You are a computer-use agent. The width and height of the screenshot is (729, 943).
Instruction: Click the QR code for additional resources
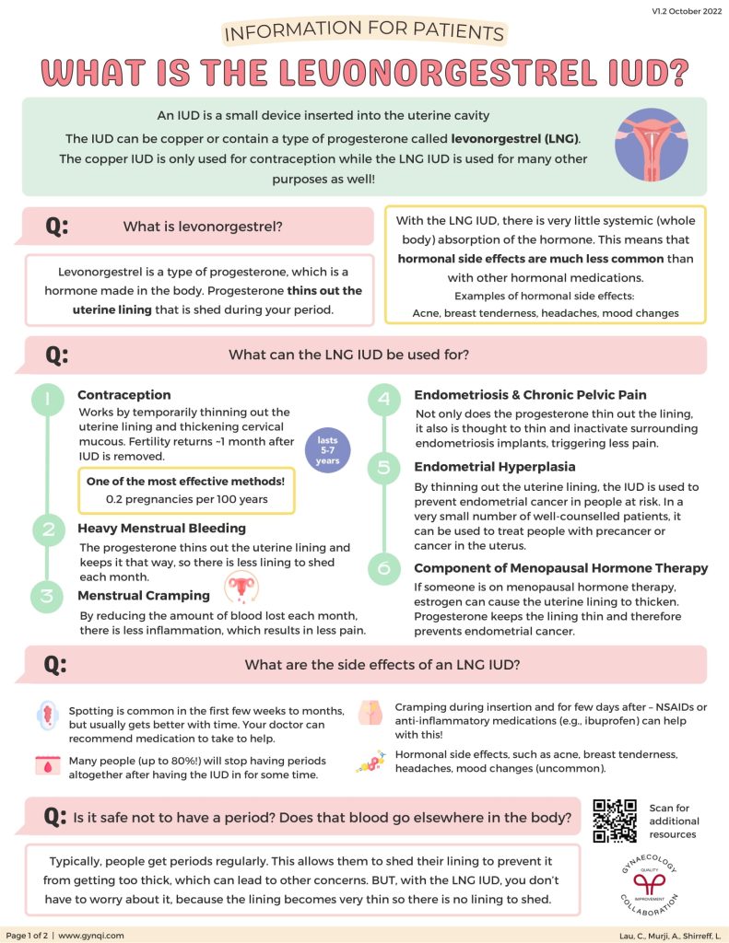[x=615, y=821]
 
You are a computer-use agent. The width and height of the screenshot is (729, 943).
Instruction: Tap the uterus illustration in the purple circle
[x=650, y=144]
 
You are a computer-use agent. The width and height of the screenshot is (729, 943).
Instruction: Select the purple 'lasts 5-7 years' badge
[x=329, y=449]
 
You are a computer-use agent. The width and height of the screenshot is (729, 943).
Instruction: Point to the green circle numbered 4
[x=382, y=399]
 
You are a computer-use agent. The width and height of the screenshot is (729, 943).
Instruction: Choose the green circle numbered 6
[x=382, y=568]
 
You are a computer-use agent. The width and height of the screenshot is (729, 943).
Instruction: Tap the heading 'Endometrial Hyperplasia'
[x=494, y=467]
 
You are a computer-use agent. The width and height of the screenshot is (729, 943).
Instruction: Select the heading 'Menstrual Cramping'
[x=143, y=595]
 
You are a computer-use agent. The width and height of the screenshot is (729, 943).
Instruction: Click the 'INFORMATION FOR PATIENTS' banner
[x=364, y=34]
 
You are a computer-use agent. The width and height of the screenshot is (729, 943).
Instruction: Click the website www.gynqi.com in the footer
[x=91, y=935]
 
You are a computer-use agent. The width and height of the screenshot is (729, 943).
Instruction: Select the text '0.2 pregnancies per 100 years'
[x=187, y=500]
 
